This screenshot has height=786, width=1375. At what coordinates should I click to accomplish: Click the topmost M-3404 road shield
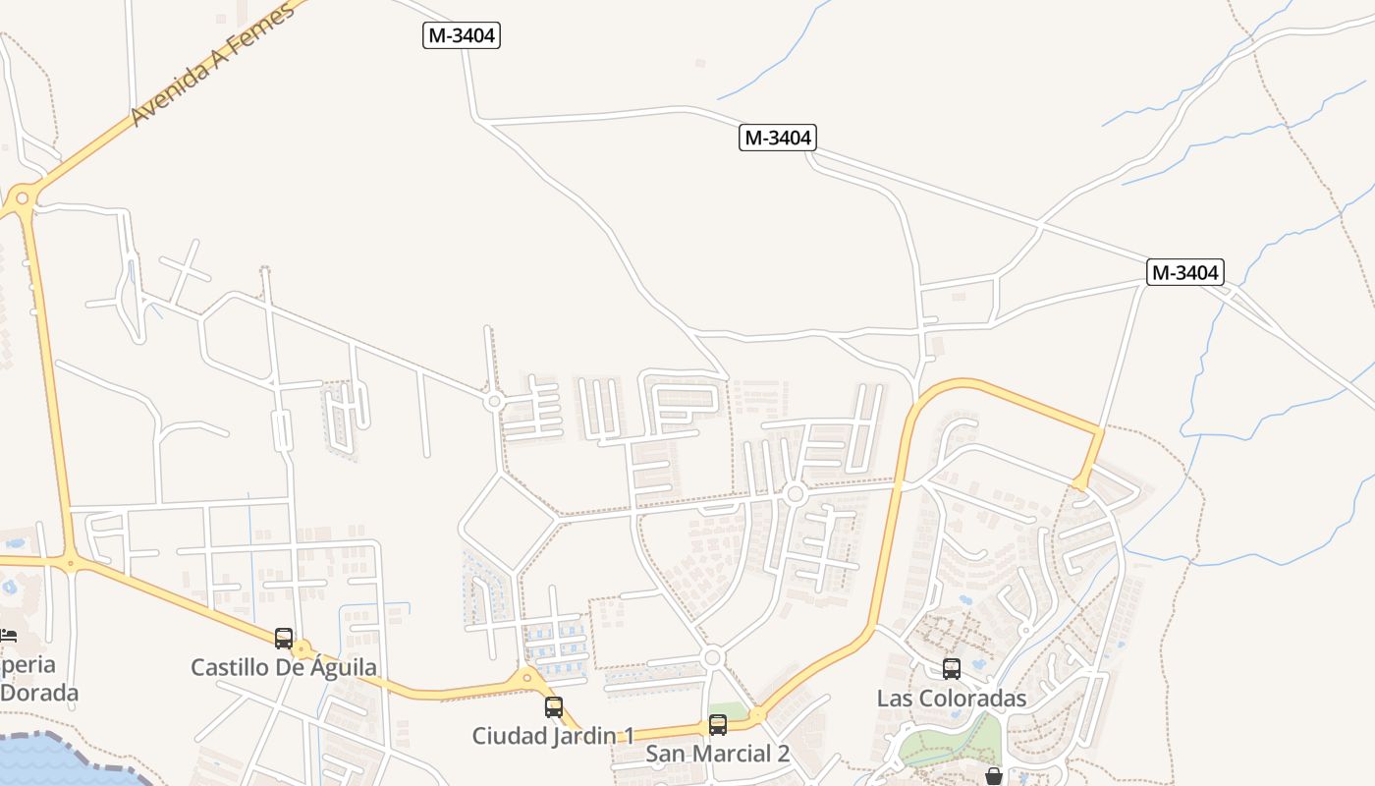coord(463,36)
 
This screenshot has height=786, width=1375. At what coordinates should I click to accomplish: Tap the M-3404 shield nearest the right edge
coord(1184,272)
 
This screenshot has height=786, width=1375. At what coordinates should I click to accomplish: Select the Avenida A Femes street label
coord(211,65)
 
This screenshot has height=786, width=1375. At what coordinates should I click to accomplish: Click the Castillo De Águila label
coord(283,668)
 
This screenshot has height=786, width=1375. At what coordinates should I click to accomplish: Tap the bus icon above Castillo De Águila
coord(284,639)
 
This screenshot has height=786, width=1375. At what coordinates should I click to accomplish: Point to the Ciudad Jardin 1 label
coord(553,736)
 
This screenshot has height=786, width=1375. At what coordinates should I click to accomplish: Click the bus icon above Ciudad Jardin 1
coord(554,706)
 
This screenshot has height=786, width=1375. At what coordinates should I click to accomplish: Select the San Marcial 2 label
coord(717,754)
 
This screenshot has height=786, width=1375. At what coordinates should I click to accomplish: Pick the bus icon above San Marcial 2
coord(718,725)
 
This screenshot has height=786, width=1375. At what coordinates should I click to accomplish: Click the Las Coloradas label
coord(951,699)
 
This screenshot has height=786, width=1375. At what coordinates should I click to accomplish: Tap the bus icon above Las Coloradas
coord(951,669)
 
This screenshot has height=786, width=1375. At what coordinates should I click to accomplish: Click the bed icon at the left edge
coord(7,635)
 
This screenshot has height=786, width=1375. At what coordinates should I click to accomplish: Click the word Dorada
coord(39,693)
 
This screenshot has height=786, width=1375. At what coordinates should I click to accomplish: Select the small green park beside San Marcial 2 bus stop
coord(729,710)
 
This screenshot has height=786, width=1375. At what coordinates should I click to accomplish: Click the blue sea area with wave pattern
coord(49,761)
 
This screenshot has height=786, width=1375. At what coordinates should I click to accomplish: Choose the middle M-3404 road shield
coord(778,138)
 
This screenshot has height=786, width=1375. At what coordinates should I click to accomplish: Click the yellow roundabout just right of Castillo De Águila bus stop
coord(302,649)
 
